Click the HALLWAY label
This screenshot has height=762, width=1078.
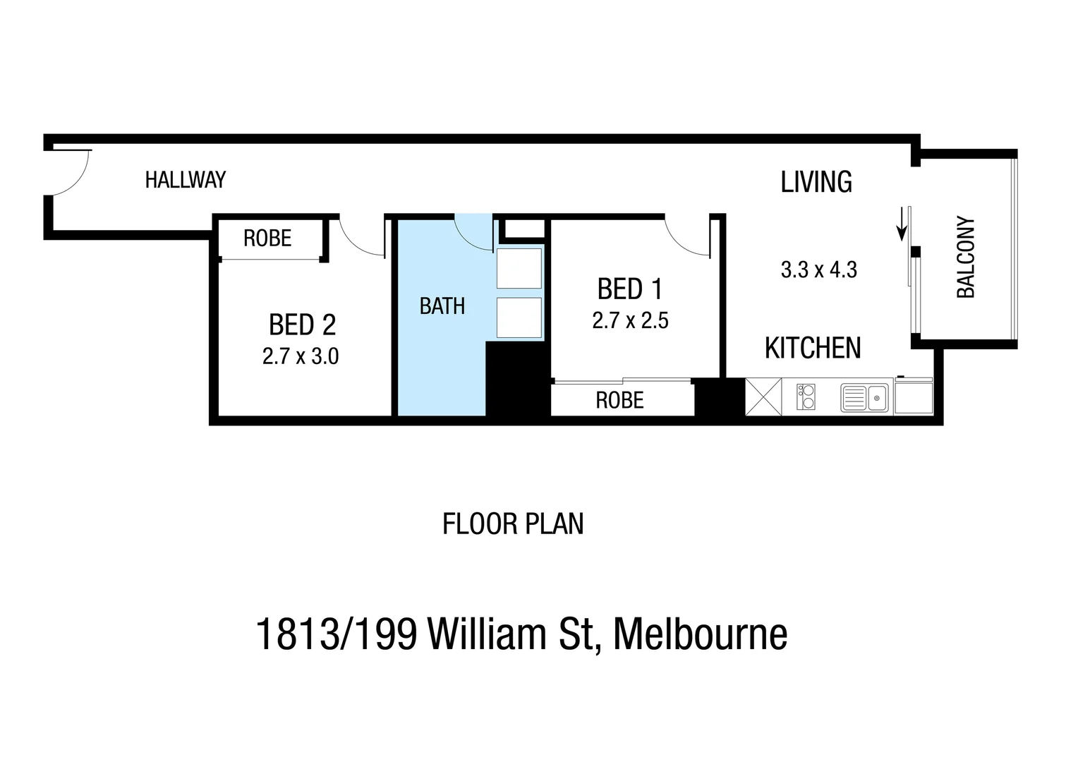(x=186, y=180)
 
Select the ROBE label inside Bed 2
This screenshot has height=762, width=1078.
(x=267, y=238)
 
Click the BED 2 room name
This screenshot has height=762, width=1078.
(x=302, y=325)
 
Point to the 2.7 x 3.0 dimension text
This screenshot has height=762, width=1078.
(x=301, y=357)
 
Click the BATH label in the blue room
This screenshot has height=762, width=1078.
(x=442, y=306)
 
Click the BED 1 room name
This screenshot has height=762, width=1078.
(x=630, y=289)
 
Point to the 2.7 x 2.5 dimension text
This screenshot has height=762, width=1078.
(x=630, y=321)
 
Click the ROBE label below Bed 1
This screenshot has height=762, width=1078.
(x=619, y=401)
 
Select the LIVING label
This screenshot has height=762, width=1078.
(x=816, y=182)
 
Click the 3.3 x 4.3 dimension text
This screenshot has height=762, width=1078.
(x=818, y=270)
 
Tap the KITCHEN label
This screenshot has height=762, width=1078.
(x=813, y=349)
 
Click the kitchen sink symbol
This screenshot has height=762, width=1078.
(x=865, y=398)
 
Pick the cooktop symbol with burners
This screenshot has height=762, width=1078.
(x=806, y=397)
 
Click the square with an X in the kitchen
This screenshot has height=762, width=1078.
(x=763, y=397)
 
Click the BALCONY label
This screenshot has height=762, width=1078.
(x=965, y=258)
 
